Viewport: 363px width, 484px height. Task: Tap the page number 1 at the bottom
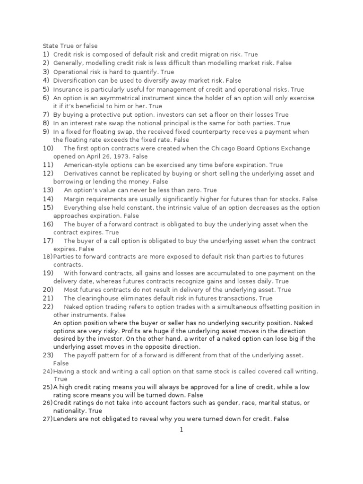181,430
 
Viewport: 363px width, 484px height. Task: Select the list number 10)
48,148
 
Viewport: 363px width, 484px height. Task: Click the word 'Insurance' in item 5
67,89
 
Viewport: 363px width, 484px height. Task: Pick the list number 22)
48,307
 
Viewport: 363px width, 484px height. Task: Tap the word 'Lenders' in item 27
65,419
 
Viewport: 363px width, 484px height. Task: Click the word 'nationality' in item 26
69,411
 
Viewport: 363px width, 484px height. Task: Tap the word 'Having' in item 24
63,371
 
